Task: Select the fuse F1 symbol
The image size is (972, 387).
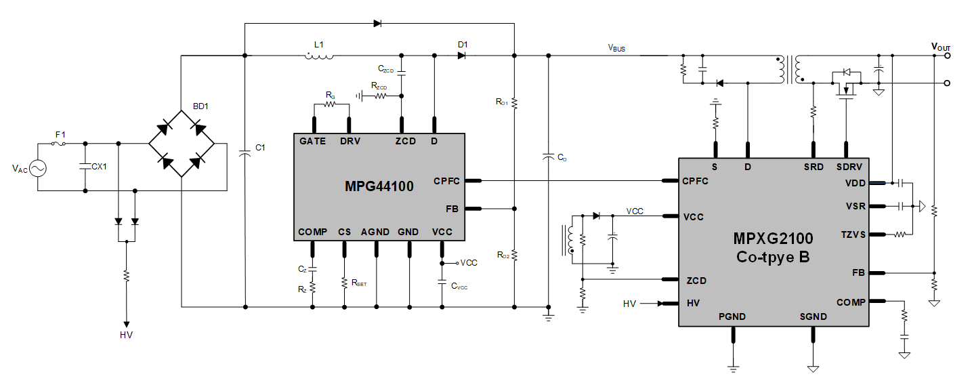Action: tap(60, 143)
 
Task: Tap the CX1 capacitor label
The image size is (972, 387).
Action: tap(100, 166)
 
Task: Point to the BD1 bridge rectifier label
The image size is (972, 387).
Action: tap(200, 106)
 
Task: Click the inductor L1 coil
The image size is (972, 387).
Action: tap(319, 56)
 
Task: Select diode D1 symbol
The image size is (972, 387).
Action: tap(462, 56)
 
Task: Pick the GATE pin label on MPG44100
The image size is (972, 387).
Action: tap(312, 142)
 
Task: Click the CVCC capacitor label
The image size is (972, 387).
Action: tap(459, 286)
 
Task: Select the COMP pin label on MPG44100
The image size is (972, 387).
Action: tap(312, 232)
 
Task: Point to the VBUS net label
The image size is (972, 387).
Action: tap(616, 48)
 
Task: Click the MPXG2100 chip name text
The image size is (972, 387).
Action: tap(773, 238)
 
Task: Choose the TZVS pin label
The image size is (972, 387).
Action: tap(853, 235)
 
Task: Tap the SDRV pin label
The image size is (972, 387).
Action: tap(848, 166)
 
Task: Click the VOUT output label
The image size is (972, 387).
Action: tap(942, 47)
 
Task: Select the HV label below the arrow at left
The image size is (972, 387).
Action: tap(126, 335)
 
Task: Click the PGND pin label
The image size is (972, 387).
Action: tap(732, 317)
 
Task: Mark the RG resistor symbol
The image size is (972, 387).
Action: tap(330, 104)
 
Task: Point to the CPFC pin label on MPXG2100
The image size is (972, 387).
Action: tap(695, 182)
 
